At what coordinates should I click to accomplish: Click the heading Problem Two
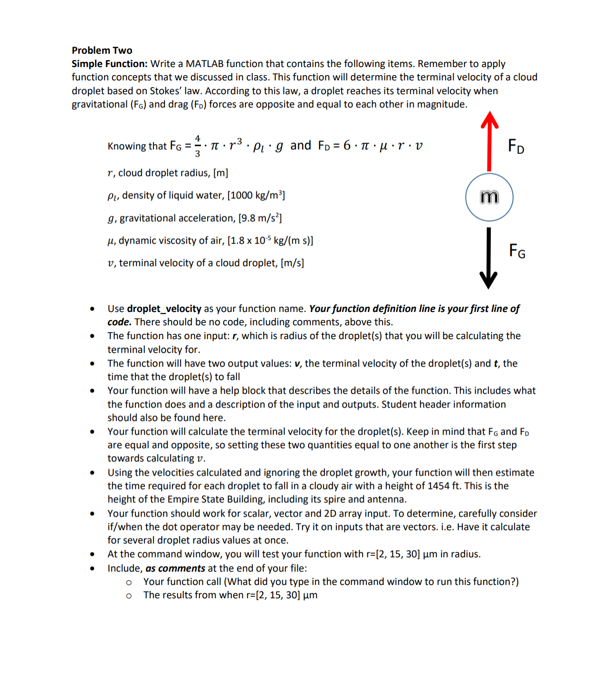pyautogui.click(x=102, y=50)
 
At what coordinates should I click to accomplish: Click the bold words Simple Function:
pyautogui.click(x=109, y=64)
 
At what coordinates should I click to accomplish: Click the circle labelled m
pyautogui.click(x=489, y=197)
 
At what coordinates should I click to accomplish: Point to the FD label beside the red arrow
pyautogui.click(x=516, y=146)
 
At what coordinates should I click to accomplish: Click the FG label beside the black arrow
pyautogui.click(x=517, y=250)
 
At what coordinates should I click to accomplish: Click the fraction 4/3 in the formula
pyautogui.click(x=198, y=146)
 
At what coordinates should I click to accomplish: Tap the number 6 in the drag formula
pyautogui.click(x=347, y=145)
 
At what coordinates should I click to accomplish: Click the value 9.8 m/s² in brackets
pyautogui.click(x=260, y=218)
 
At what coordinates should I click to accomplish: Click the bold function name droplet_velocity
pyautogui.click(x=164, y=309)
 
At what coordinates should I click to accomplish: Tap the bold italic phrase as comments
pyautogui.click(x=175, y=568)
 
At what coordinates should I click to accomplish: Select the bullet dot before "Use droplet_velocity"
pyautogui.click(x=92, y=309)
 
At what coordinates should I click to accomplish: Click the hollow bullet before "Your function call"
pyautogui.click(x=129, y=582)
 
